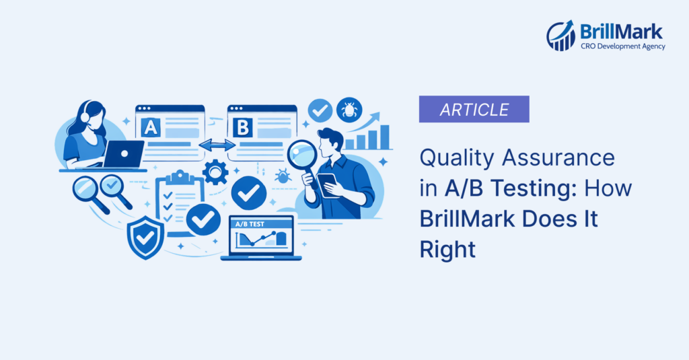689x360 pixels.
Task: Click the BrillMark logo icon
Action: point(560,36)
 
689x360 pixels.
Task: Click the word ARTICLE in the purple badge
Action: point(474,109)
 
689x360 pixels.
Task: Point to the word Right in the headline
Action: point(447,250)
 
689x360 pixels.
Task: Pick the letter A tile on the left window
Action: point(150,126)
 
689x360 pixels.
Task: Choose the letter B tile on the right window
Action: point(242,126)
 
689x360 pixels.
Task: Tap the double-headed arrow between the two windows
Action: point(216,145)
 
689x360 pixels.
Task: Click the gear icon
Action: point(215,172)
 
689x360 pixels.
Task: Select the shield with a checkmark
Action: point(145,237)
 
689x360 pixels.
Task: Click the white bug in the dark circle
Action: point(350,109)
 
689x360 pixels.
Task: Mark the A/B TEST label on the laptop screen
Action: point(248,223)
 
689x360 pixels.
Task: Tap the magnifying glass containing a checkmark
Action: point(110,185)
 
